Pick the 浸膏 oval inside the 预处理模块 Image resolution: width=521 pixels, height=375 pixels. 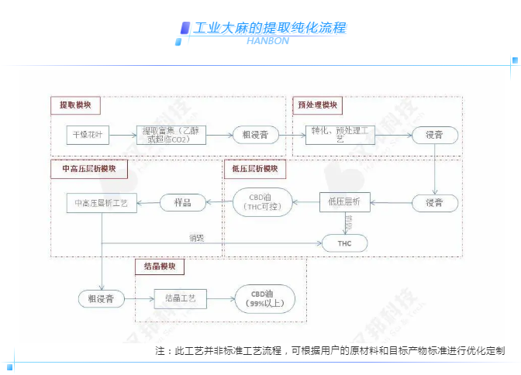433,135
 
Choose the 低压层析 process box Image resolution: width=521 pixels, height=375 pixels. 344,202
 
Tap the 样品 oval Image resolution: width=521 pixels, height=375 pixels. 184,202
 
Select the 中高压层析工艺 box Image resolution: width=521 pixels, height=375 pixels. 102,203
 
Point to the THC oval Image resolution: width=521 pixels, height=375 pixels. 344,243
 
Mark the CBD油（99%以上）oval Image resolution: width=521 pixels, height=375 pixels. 263,298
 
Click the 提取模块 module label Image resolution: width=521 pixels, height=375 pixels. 75,105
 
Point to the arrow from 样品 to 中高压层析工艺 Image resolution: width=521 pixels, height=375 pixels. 149,203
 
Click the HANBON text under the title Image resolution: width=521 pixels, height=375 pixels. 267,41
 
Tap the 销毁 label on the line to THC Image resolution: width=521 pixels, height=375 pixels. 196,238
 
